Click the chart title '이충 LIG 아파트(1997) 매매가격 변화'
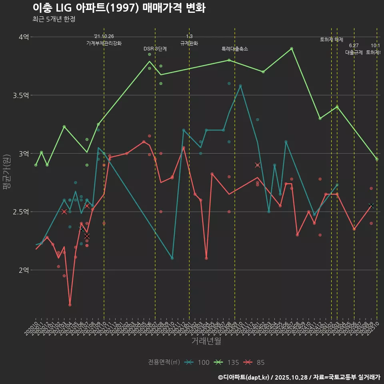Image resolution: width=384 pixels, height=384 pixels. click(119, 8)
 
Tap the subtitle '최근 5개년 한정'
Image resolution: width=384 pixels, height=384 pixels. click(54, 19)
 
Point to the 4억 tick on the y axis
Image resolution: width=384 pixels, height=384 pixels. click(24, 37)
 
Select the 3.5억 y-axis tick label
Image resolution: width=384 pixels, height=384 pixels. click(21, 95)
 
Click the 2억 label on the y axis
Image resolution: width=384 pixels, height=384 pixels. click(24, 270)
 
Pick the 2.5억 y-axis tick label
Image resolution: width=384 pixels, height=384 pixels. click(21, 212)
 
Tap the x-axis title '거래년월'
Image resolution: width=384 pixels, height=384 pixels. click(206, 341)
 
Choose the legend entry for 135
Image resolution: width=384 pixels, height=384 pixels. click(226, 362)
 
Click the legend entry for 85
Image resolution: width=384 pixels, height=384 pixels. click(254, 362)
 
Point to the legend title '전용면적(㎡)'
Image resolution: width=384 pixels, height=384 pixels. click(164, 362)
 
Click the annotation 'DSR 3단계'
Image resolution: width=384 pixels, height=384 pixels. click(155, 49)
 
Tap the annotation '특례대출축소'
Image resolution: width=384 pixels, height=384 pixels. click(235, 49)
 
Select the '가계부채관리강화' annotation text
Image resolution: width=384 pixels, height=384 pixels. click(104, 43)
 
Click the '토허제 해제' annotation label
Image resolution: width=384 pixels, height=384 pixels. click(331, 40)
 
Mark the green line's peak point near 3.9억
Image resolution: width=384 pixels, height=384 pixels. click(292, 48)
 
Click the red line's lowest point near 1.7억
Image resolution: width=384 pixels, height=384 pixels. click(70, 305)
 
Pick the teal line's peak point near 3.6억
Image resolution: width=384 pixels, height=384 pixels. click(240, 86)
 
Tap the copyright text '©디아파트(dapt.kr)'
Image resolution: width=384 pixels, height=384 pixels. click(244, 377)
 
